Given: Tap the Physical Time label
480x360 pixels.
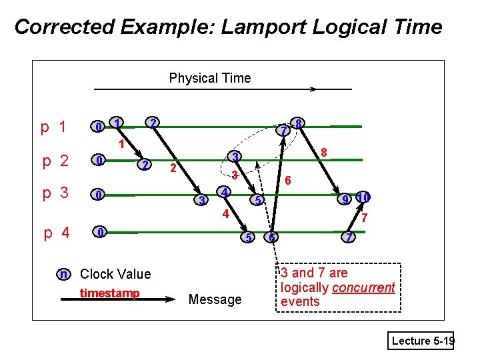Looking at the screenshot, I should click(210, 78).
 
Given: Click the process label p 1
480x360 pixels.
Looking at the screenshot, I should click(53, 127).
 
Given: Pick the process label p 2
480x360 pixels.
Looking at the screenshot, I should click(55, 161).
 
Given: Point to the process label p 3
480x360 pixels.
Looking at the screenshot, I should click(55, 193).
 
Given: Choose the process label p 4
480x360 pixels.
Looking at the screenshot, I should click(57, 233).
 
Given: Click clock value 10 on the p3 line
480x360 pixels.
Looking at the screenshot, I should click(363, 197).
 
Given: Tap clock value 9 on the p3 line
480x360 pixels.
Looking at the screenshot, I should click(345, 199).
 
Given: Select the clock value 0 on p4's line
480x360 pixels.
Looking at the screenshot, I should click(99, 232).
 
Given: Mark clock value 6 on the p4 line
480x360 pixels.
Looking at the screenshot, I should click(271, 237).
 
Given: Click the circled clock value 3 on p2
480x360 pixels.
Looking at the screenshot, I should click(235, 157).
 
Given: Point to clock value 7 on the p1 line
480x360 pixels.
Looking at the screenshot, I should click(283, 130).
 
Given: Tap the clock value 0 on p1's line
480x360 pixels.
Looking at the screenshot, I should click(98, 127).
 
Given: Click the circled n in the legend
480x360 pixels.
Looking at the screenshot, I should click(63, 273).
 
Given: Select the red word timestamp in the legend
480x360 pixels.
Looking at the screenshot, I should click(109, 293).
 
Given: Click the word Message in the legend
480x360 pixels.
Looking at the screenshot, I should click(215, 299).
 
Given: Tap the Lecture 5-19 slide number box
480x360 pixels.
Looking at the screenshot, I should click(422, 341).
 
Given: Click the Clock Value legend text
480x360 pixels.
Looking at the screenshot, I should click(115, 274).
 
